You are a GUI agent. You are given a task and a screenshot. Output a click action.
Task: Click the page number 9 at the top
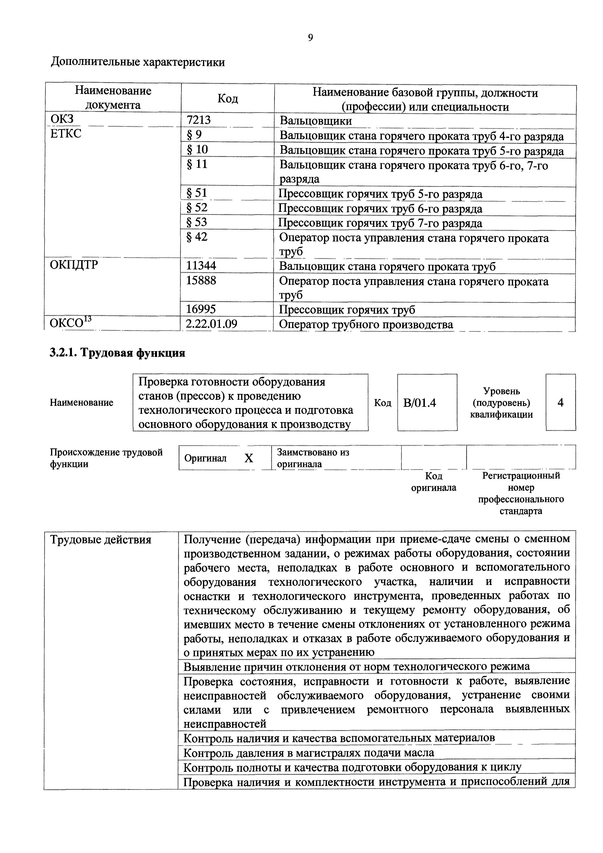coord(310,37)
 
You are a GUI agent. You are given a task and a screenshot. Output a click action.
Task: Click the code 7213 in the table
coord(198,120)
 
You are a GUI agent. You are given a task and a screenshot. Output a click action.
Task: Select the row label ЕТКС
coord(65,134)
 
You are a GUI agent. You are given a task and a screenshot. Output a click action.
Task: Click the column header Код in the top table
coord(227,98)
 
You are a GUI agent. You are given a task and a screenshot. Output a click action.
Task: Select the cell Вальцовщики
coord(316,121)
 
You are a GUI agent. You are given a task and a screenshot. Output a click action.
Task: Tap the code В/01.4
coord(419,403)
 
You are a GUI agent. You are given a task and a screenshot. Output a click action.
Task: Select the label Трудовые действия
coord(101,539)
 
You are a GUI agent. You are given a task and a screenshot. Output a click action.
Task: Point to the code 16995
coord(201,309)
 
